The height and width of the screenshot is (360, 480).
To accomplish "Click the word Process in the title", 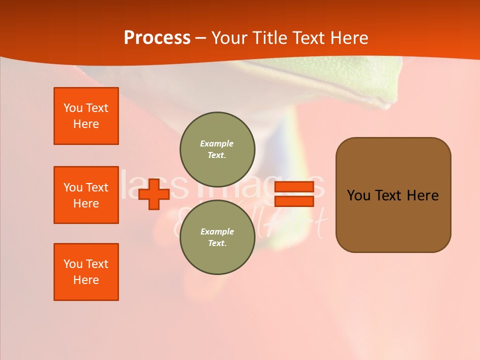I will point(157,38).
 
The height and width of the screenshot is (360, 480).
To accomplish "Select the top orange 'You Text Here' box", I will point(86,116).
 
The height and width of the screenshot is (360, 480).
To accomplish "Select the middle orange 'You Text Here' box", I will point(86,195).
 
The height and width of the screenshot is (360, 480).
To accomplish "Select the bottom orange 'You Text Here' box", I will point(86,272).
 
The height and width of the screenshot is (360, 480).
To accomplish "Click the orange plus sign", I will point(154,194).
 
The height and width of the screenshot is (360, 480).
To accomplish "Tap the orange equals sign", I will point(294,194).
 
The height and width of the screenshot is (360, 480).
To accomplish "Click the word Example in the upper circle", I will point(216,143).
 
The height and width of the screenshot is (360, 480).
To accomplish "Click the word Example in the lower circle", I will point(216,231).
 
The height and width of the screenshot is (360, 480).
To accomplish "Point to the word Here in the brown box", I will point(422,195).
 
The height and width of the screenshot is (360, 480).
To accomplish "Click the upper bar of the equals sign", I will point(294,187).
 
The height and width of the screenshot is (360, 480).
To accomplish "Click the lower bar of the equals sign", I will point(294,201).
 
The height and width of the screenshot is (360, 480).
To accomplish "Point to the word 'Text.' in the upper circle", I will point(216,155).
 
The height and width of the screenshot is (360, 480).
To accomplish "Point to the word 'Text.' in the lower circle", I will point(216,243).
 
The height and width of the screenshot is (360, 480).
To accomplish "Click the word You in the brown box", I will point(358,195).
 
